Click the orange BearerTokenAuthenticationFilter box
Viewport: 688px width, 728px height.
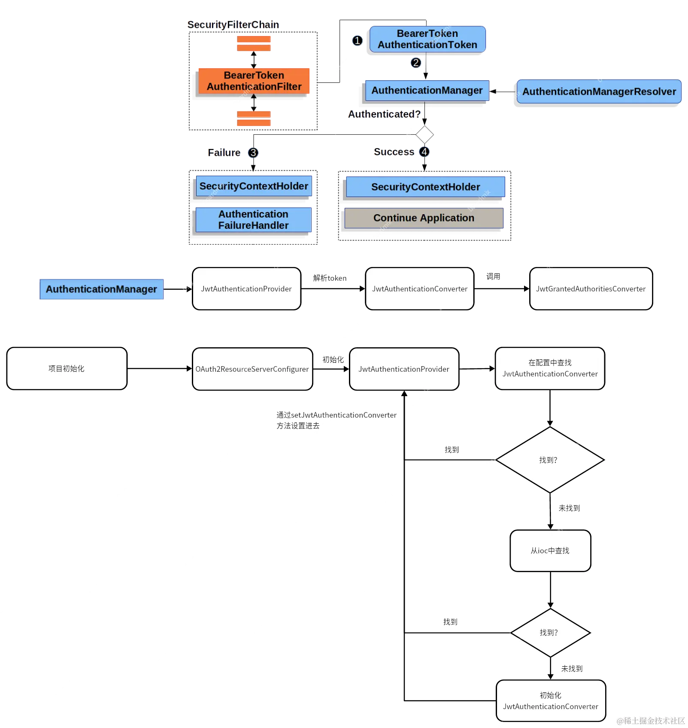click(x=254, y=81)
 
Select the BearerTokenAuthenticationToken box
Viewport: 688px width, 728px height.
click(x=427, y=39)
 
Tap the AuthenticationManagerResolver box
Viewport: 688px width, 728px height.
click(x=599, y=91)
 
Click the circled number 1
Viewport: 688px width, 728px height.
click(x=357, y=40)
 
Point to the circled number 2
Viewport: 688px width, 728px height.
click(x=415, y=63)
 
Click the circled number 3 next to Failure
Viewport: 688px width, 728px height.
click(x=253, y=153)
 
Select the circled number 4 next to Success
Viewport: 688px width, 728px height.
click(x=424, y=152)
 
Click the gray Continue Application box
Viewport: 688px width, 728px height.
click(x=424, y=218)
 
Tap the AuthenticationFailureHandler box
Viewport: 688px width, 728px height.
click(x=253, y=220)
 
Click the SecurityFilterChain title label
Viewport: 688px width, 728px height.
click(x=233, y=25)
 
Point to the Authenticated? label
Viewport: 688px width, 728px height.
click(x=384, y=114)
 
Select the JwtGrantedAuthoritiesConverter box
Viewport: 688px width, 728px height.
click(x=591, y=289)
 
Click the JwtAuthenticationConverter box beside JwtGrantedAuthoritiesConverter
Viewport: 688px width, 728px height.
click(x=419, y=289)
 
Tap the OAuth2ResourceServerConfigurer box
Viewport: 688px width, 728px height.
click(x=252, y=369)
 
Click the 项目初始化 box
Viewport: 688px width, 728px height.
click(x=67, y=369)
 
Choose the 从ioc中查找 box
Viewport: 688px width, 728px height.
click(x=550, y=551)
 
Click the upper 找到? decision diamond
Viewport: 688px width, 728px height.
click(x=549, y=460)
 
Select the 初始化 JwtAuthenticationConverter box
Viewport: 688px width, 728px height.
click(x=550, y=701)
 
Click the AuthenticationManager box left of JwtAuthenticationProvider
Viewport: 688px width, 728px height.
click(x=101, y=289)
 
